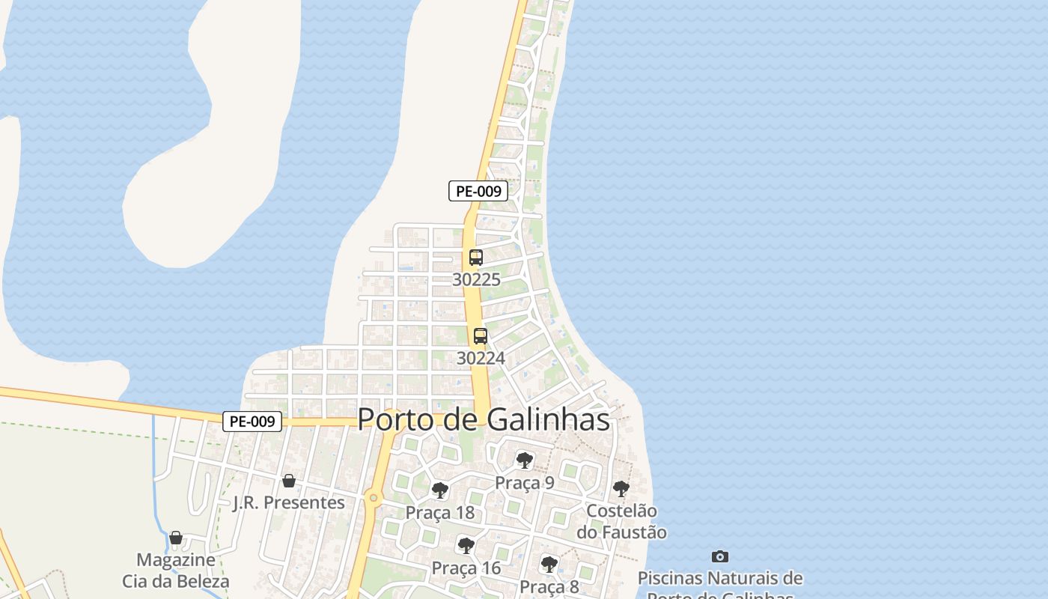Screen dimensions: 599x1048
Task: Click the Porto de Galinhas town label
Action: click(x=484, y=419)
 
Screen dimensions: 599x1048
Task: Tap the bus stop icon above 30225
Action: click(x=475, y=258)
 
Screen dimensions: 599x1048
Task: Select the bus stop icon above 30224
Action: click(x=481, y=336)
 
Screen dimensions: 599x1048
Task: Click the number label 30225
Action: click(x=476, y=279)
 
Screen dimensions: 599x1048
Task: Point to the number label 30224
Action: click(x=481, y=358)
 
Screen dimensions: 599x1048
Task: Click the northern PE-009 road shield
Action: click(x=478, y=191)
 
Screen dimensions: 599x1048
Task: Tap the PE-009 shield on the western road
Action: click(x=252, y=422)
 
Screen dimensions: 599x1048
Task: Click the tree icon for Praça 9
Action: click(x=524, y=460)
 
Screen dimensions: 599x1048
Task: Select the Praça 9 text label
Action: click(x=524, y=482)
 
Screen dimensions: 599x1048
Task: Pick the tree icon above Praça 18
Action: click(x=440, y=490)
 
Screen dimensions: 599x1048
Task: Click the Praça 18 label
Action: click(x=440, y=513)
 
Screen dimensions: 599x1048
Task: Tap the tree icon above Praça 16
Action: click(x=466, y=545)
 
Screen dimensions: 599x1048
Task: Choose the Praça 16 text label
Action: click(x=466, y=568)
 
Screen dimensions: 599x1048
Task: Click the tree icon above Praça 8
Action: click(x=549, y=564)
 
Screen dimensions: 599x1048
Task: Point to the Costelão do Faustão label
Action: click(x=621, y=522)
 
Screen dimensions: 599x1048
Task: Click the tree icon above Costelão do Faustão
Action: click(x=621, y=489)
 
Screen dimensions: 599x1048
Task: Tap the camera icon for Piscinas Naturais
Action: click(x=719, y=556)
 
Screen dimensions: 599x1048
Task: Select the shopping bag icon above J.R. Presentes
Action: click(x=288, y=481)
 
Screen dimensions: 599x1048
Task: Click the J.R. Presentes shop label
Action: click(x=289, y=502)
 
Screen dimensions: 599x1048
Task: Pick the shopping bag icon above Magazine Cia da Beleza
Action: click(x=176, y=538)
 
